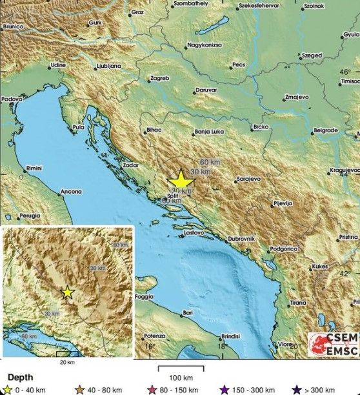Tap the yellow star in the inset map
point(68,292)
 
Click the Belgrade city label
point(325,130)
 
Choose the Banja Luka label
point(208,134)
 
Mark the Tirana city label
point(298,302)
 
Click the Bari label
point(188,312)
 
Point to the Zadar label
point(131,166)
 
